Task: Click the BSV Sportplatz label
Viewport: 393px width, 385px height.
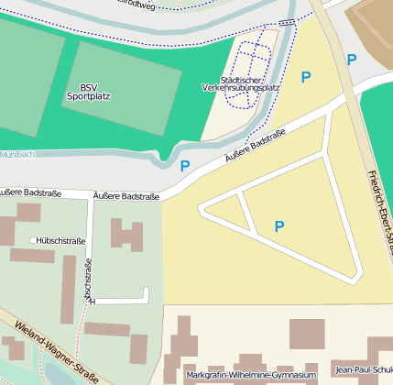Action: pos(88,91)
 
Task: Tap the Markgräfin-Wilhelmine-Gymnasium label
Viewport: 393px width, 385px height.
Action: pos(250,376)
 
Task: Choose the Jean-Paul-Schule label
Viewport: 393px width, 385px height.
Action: pos(365,370)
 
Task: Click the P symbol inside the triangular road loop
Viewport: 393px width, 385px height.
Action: pos(279,225)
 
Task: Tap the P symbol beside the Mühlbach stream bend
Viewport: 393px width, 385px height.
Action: pos(185,166)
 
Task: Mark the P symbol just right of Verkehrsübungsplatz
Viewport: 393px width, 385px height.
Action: pos(306,77)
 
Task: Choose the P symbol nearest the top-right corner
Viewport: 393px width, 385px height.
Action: pos(352,60)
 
